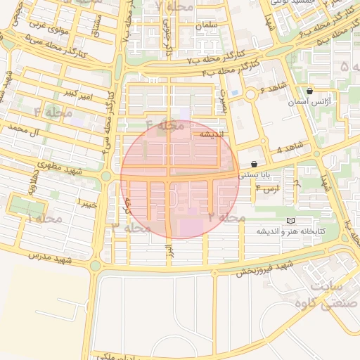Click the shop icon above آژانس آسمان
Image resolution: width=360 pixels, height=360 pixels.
[310, 91]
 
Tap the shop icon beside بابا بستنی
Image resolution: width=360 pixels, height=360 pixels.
[254, 164]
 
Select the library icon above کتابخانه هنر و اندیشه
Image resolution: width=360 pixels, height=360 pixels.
[291, 220]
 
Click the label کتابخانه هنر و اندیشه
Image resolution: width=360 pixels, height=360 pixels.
[290, 231]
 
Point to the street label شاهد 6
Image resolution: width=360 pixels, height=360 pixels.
[273, 87]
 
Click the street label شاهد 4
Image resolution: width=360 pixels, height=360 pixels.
[288, 149]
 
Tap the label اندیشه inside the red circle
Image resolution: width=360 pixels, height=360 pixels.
[212, 134]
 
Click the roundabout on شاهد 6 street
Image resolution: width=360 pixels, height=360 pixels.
[250, 94]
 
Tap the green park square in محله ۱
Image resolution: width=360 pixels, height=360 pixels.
[27, 207]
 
